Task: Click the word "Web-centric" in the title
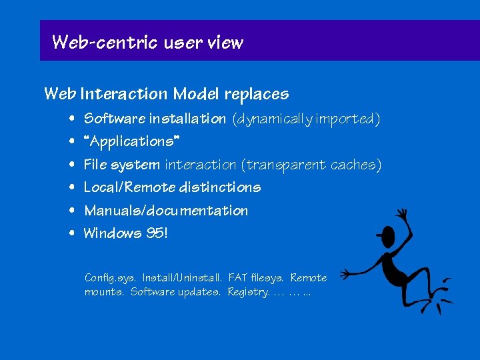click(103, 43)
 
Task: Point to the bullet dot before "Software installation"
click(71, 119)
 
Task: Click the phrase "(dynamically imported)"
click(306, 119)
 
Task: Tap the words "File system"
click(121, 165)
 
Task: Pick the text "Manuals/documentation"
click(165, 211)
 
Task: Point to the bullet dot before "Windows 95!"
click(71, 234)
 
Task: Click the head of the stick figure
click(387, 235)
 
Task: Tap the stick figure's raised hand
click(402, 215)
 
